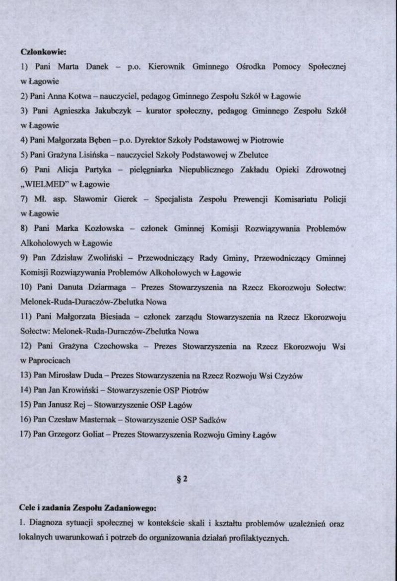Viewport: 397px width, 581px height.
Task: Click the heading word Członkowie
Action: pyautogui.click(x=43, y=51)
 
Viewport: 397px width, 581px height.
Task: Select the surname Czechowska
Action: pyautogui.click(x=116, y=346)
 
